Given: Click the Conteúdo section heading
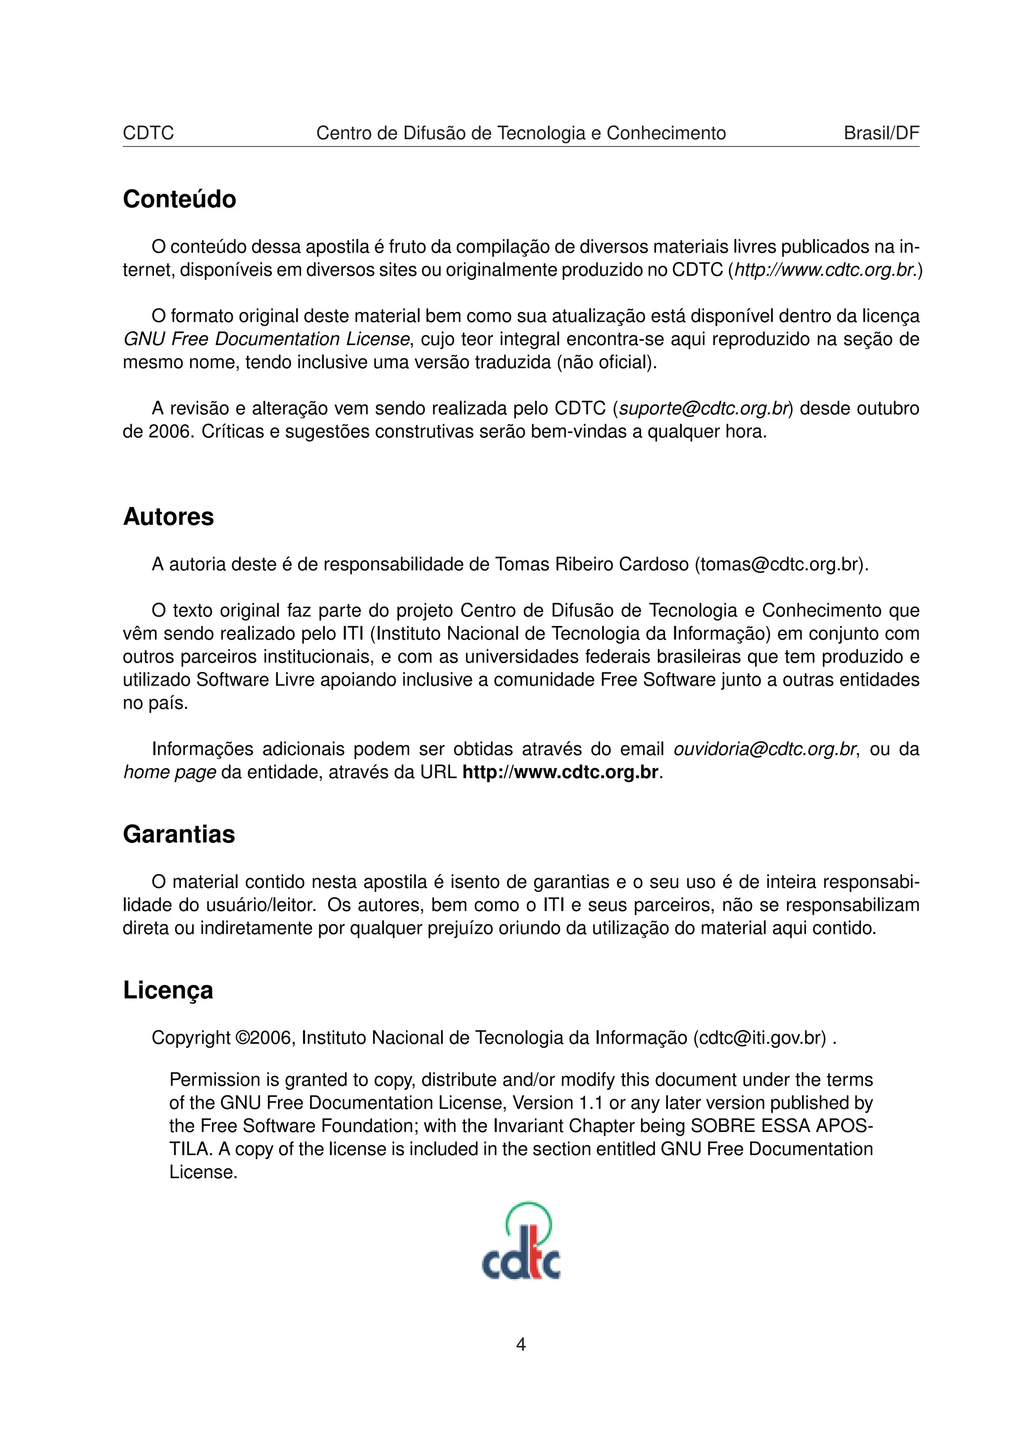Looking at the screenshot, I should [x=179, y=200].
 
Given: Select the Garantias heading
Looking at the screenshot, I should [x=179, y=834].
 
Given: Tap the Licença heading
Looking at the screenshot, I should [x=167, y=991].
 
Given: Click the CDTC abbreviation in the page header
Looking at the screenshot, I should [x=148, y=133].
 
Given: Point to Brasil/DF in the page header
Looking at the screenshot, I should [x=881, y=133].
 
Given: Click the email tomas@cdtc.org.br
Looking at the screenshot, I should [x=780, y=564].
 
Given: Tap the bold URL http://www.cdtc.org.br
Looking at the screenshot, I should [x=560, y=772].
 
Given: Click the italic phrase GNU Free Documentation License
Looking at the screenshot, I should [x=266, y=339].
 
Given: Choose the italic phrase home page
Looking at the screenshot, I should [x=169, y=772].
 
